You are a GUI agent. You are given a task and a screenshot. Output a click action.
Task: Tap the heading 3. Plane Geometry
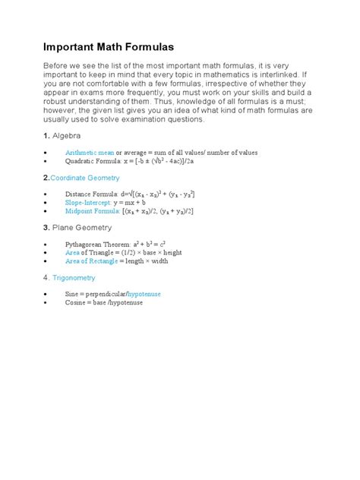[x=77, y=228]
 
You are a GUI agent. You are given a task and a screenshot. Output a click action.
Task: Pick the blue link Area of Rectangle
[x=91, y=262]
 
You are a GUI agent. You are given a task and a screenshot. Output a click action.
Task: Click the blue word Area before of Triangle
[x=73, y=253]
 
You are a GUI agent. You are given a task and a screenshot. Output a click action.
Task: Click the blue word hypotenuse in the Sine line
[x=144, y=293]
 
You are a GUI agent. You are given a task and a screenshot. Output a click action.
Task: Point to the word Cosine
[x=77, y=302]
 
